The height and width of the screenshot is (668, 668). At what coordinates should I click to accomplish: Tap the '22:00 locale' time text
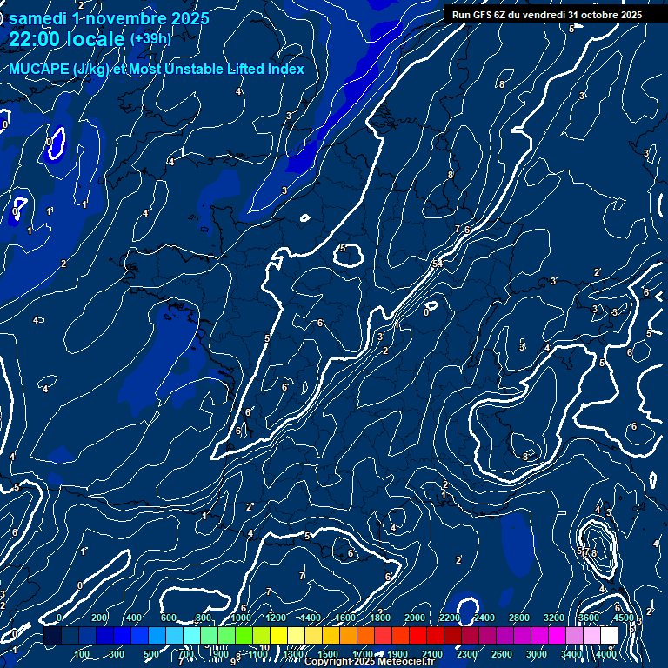pyautogui.click(x=66, y=39)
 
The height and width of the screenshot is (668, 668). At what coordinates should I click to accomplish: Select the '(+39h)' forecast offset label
pyautogui.click(x=150, y=39)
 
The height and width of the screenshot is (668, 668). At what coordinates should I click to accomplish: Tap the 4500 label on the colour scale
pyautogui.click(x=624, y=618)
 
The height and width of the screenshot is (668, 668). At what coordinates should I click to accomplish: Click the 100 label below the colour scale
pyautogui.click(x=82, y=654)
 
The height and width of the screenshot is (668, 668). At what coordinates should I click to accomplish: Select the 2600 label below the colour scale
pyautogui.click(x=502, y=654)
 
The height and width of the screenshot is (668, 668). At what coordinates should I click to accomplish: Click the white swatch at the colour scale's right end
pyautogui.click(x=609, y=636)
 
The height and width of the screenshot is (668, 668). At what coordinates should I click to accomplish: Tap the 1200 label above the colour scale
pyautogui.click(x=276, y=618)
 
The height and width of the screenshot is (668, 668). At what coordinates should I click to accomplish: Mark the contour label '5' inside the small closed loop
pyautogui.click(x=343, y=249)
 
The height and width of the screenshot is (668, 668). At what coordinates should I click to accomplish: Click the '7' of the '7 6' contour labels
pyautogui.click(x=458, y=229)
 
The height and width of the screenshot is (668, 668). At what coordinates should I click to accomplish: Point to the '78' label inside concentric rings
pyautogui.click(x=591, y=553)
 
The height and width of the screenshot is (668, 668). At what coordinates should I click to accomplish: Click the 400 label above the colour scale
pyautogui.click(x=134, y=618)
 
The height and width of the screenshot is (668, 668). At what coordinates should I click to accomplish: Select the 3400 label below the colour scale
pyautogui.click(x=571, y=654)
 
